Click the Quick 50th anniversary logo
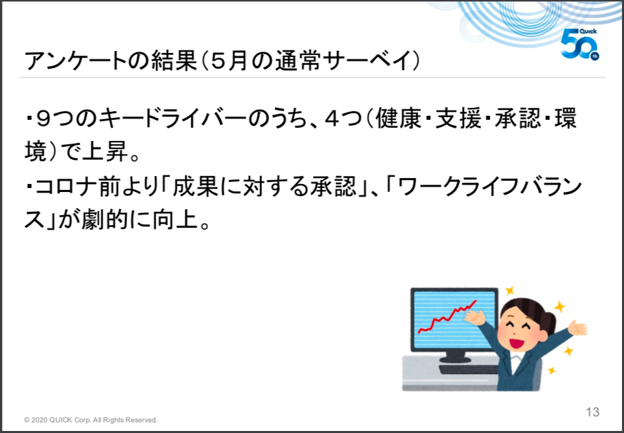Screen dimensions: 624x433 point(580,44)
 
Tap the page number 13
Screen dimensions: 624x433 point(592,412)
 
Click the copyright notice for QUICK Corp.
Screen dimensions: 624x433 point(91,420)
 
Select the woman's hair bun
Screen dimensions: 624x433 point(549,321)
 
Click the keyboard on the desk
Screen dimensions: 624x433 point(468,369)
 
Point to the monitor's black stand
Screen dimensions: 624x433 point(455,356)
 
